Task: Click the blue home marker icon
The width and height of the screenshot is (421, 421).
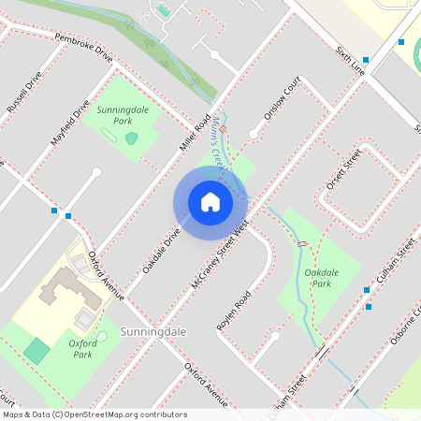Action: pyautogui.click(x=210, y=201)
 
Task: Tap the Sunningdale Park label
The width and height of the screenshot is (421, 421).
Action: pyautogui.click(x=128, y=115)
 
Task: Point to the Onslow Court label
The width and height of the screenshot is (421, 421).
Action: pyautogui.click(x=280, y=102)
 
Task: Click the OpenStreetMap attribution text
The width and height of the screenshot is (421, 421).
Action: pyautogui.click(x=94, y=414)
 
